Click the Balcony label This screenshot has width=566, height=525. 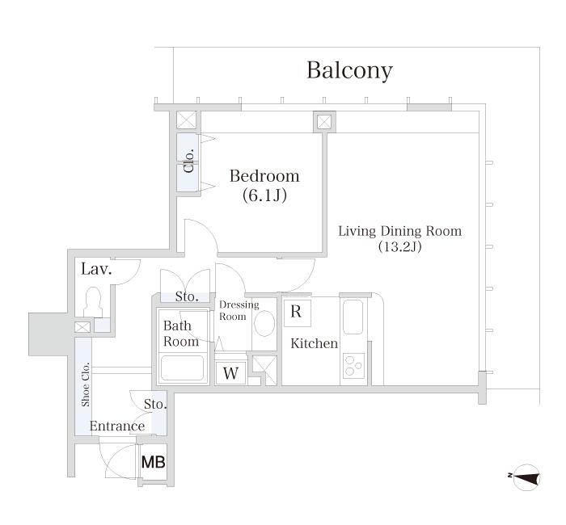point(349,70)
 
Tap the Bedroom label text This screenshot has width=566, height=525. point(264,176)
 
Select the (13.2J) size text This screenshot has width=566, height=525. point(400,246)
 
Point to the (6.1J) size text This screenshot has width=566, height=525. point(264,195)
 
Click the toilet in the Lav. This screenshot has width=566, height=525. point(93,302)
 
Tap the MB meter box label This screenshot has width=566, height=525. point(154,462)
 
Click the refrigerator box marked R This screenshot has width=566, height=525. point(297,313)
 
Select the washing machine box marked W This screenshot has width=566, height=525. point(230,373)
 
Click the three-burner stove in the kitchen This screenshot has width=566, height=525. point(353,365)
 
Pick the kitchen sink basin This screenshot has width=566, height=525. point(353,317)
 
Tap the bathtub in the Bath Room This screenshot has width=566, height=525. point(182,368)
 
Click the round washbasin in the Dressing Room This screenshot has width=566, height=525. point(264,323)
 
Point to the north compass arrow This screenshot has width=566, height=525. point(526,477)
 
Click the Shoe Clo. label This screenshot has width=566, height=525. point(85,384)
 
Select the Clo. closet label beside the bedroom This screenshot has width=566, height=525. point(189,161)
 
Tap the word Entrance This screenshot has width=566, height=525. point(117,426)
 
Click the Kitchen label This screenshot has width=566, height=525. point(314,343)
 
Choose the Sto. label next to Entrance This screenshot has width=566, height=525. point(155,404)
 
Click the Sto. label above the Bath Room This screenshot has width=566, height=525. point(187,296)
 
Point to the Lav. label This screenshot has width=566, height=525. point(96,269)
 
